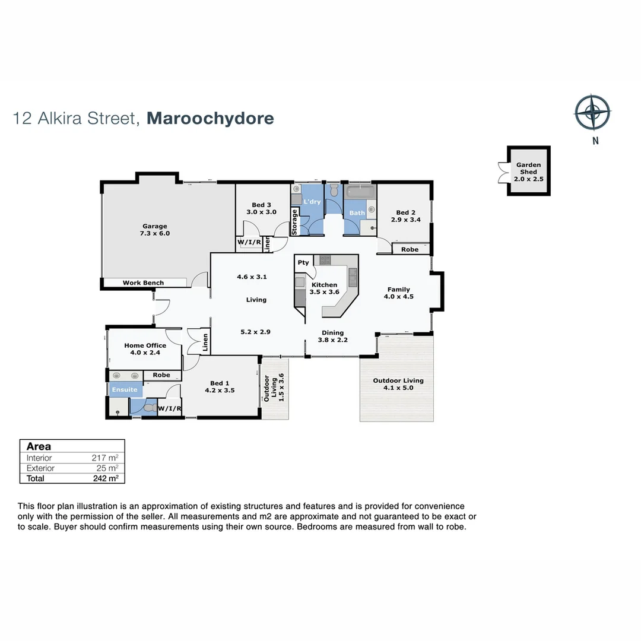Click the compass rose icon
(x=592, y=112)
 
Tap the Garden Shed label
(x=528, y=172)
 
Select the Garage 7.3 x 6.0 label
(x=155, y=230)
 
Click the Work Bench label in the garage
(x=143, y=283)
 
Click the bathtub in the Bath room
(x=360, y=192)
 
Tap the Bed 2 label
(x=406, y=216)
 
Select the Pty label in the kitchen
(x=303, y=262)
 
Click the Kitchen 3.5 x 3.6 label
(x=324, y=288)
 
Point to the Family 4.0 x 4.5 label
(x=398, y=293)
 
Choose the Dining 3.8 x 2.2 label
(x=333, y=337)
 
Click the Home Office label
(x=145, y=349)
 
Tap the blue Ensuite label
(x=125, y=390)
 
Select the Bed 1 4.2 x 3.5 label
(x=220, y=387)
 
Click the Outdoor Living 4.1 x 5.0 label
(x=398, y=385)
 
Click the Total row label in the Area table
(x=36, y=478)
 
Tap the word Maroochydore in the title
(x=210, y=118)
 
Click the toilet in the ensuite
(x=150, y=408)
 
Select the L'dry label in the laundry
(x=312, y=202)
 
